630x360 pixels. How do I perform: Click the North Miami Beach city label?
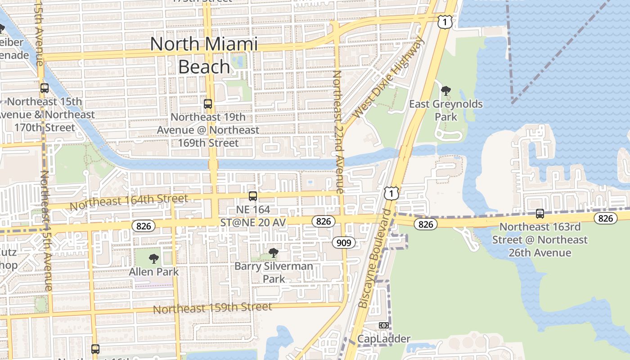click(204, 55)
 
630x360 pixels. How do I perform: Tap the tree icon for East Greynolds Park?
click(446, 91)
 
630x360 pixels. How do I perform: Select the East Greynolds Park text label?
click(445, 110)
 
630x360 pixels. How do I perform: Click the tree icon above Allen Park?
click(154, 259)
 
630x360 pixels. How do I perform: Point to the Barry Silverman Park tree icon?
click(273, 253)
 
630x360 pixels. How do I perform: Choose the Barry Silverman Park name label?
click(274, 272)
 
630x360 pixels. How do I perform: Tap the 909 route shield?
click(344, 243)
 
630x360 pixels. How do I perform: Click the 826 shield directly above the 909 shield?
click(324, 221)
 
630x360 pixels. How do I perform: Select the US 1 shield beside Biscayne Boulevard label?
click(391, 193)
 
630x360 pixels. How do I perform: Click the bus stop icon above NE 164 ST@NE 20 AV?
click(253, 196)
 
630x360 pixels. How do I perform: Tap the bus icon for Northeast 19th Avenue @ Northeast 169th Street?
click(208, 104)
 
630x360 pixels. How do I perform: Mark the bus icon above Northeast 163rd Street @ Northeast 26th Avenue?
click(540, 214)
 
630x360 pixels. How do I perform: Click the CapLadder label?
click(384, 338)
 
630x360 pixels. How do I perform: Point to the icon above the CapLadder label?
click(384, 325)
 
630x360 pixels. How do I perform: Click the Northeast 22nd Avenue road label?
click(338, 132)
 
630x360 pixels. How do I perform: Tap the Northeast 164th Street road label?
click(129, 202)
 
